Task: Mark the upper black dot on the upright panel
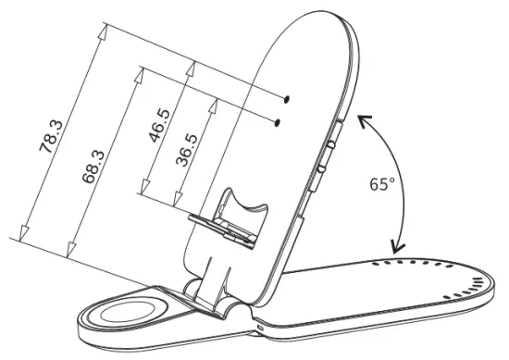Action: pyautogui.click(x=287, y=97)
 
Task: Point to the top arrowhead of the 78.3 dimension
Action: pyautogui.click(x=104, y=31)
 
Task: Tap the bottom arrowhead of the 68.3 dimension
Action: pyautogui.click(x=69, y=251)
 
